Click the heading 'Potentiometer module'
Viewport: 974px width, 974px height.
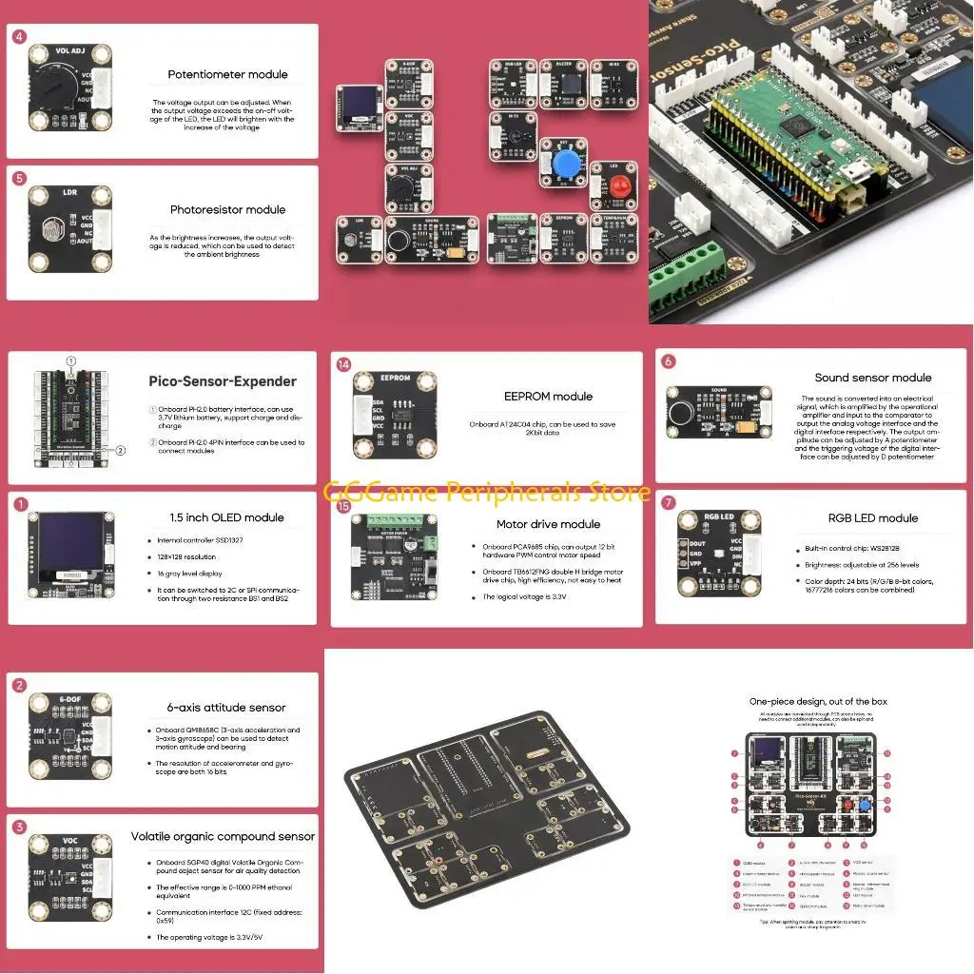tap(227, 74)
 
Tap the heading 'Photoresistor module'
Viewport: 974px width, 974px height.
tap(227, 209)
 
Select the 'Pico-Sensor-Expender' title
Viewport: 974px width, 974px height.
tap(223, 381)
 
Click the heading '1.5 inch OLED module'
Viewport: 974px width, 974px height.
tap(225, 517)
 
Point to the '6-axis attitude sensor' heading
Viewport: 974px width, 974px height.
tap(225, 708)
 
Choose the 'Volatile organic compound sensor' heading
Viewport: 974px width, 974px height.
tap(223, 837)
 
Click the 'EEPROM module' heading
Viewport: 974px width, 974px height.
tap(548, 397)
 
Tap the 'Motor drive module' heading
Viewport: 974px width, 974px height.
tap(548, 524)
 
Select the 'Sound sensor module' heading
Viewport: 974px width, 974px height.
tap(873, 378)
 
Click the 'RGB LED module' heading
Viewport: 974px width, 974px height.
tap(873, 518)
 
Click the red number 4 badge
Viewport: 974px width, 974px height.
tap(20, 37)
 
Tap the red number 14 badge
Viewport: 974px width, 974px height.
tap(343, 364)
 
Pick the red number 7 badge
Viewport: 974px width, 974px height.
tap(669, 502)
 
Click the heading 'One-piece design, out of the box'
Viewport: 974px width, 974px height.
tap(810, 701)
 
